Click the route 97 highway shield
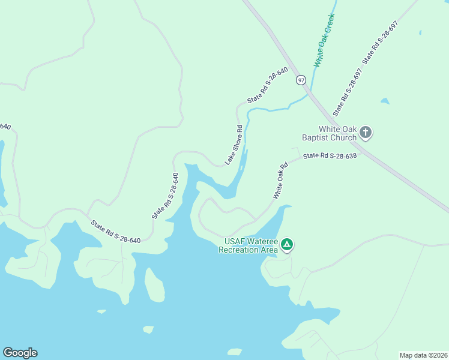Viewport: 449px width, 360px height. pyautogui.click(x=301, y=80)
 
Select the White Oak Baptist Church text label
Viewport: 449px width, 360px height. pyautogui.click(x=337, y=133)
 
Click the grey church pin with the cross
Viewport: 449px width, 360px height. pyautogui.click(x=366, y=133)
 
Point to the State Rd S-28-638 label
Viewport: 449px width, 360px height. pyautogui.click(x=330, y=155)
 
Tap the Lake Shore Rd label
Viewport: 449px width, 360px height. pyautogui.click(x=234, y=145)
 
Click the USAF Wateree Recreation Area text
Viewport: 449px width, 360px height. pyautogui.click(x=252, y=245)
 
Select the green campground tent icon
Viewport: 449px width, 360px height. pyautogui.click(x=288, y=244)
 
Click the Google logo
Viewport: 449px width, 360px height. pyautogui.click(x=20, y=353)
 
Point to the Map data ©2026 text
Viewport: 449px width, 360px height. pyautogui.click(x=423, y=355)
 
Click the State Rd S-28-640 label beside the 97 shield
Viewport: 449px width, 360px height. pyautogui.click(x=268, y=85)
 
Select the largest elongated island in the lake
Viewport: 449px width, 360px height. pyautogui.click(x=154, y=284)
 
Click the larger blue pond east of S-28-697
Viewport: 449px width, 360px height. pyautogui.click(x=385, y=101)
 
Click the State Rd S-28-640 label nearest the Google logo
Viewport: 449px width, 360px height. pyautogui.click(x=116, y=232)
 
